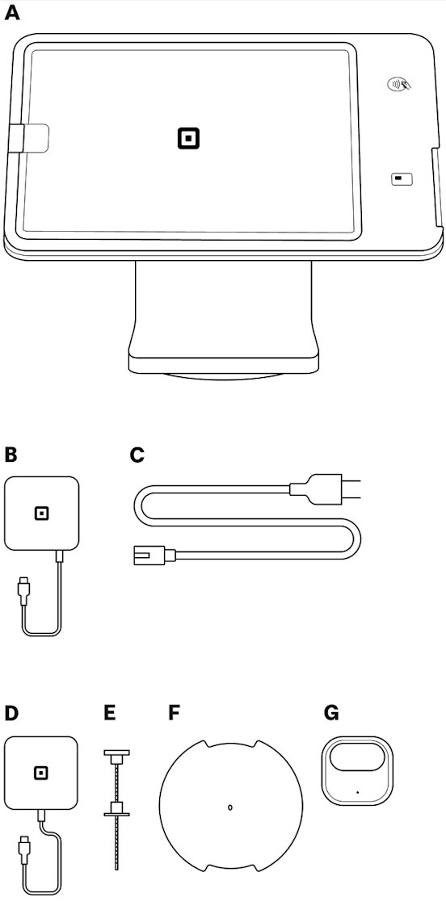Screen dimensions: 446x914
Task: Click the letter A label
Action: (x=11, y=14)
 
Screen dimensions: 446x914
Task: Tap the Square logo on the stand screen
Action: (x=188, y=138)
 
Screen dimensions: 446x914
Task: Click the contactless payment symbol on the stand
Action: (x=398, y=84)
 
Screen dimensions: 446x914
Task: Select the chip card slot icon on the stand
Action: (x=401, y=179)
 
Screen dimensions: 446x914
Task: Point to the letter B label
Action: (x=11, y=455)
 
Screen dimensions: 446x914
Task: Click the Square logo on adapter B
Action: (x=41, y=514)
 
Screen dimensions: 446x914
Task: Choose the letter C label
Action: (x=137, y=455)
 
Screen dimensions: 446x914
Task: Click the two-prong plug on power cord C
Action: (x=326, y=488)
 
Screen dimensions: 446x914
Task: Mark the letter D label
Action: (x=11, y=713)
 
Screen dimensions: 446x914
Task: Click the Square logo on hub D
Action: (x=41, y=773)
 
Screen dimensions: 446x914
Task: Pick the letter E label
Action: (x=110, y=713)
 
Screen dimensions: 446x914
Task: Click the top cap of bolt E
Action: (x=116, y=756)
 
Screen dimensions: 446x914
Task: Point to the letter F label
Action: (x=173, y=713)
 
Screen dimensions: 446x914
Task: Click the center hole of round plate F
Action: (x=230, y=807)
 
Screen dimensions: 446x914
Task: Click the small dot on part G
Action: (x=357, y=792)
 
